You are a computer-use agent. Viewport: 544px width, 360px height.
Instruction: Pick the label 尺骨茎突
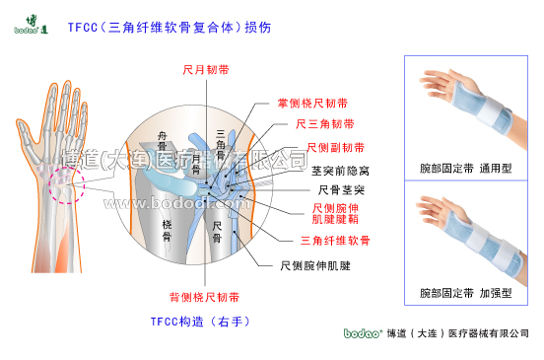[342, 189]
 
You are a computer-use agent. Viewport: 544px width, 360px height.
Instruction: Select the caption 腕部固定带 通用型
[465, 169]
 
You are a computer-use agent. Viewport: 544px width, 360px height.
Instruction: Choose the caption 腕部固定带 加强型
[465, 294]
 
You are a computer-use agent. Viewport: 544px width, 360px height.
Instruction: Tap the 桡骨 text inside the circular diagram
[167, 232]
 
